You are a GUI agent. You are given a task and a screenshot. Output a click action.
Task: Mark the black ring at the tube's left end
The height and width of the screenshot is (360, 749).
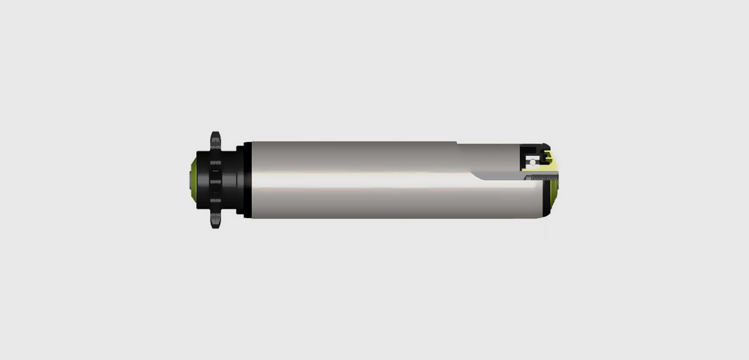point(248,180)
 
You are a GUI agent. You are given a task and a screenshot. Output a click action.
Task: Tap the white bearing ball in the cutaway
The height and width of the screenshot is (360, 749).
point(533,162)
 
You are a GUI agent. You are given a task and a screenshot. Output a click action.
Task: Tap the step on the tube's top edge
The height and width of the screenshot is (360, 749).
point(457,143)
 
